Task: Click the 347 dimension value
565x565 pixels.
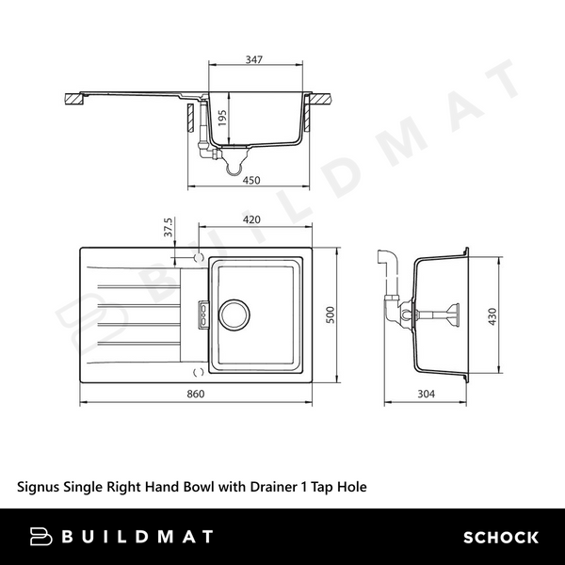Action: click(253, 59)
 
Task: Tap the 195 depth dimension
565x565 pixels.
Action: click(222, 118)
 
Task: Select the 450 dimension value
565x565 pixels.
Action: click(251, 180)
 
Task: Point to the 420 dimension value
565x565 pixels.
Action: click(251, 219)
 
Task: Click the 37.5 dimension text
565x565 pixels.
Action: click(169, 227)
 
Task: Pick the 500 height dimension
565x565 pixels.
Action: click(331, 315)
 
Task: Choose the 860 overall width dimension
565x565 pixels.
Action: click(196, 394)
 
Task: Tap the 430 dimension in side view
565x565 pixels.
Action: click(492, 316)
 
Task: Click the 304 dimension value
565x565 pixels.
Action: click(427, 394)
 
